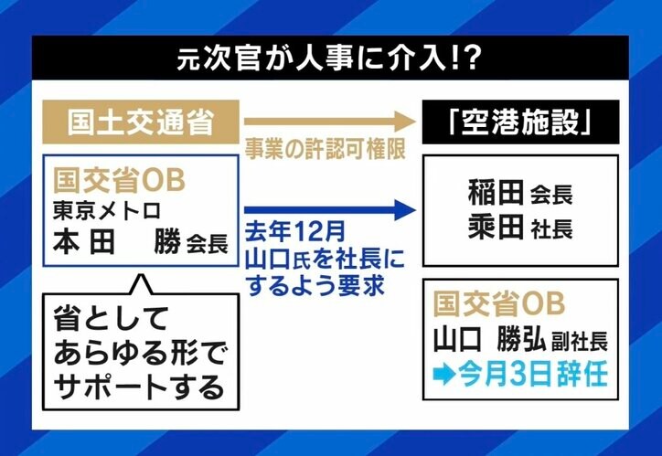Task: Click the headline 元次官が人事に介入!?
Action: click(x=330, y=58)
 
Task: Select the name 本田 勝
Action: click(x=118, y=242)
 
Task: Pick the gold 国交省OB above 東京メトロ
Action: click(x=120, y=180)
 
